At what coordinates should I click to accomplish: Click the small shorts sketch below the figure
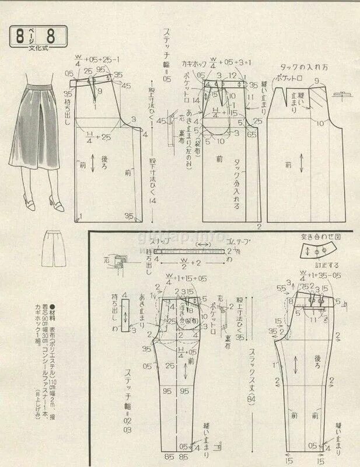pos(55,248)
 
